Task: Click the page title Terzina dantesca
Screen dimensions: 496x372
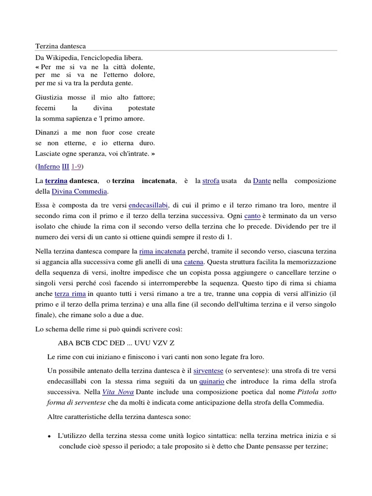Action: [61, 46]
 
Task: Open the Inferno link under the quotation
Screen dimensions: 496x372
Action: [48, 167]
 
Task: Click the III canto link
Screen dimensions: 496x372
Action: [65, 167]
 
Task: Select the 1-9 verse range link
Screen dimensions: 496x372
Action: [76, 167]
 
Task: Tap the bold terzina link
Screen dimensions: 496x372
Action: [56, 181]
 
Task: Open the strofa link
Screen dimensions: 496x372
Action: [211, 181]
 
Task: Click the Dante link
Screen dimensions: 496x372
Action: [262, 181]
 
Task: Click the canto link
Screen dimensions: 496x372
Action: [252, 216]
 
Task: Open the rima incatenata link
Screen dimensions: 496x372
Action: [162, 251]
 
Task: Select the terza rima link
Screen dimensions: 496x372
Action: [70, 294]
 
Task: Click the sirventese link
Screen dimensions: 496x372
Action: [208, 371]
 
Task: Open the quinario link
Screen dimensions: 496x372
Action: [211, 381]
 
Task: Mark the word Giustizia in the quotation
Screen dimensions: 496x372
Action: [51, 97]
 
